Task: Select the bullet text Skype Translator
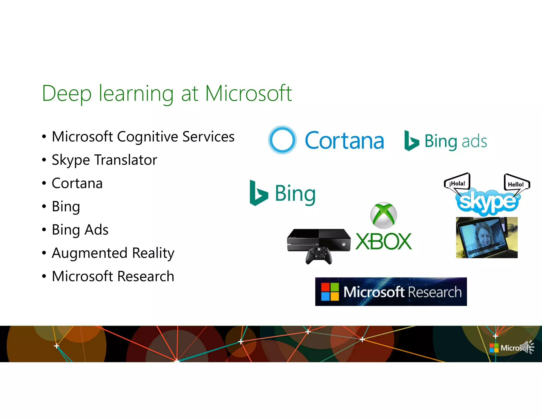(104, 160)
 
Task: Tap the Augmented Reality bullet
(113, 253)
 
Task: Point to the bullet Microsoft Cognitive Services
(143, 137)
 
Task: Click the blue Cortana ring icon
(282, 140)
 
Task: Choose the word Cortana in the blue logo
(344, 141)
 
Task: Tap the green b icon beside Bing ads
(411, 141)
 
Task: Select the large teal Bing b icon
(258, 193)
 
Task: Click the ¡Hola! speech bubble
(457, 183)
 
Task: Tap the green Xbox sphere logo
(383, 215)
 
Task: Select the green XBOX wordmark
(383, 241)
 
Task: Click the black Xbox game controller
(319, 255)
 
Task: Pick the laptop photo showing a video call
(486, 238)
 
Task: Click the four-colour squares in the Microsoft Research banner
(330, 292)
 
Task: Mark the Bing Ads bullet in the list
(80, 230)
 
